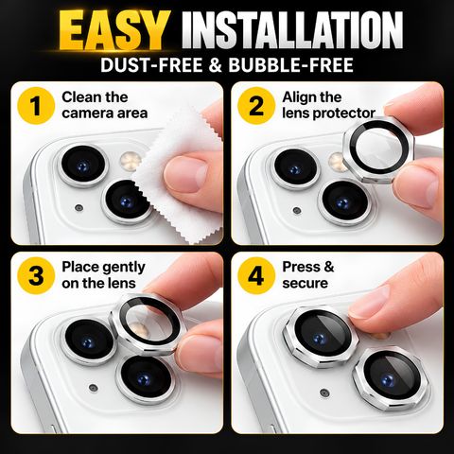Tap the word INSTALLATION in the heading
[x=292, y=30]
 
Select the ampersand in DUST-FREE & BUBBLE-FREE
[x=216, y=65]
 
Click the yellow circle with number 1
[x=37, y=106]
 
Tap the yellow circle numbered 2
[x=256, y=106]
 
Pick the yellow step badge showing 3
[x=36, y=275]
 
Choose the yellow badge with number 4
[x=256, y=275]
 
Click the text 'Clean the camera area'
[x=105, y=105]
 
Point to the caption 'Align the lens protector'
[x=328, y=105]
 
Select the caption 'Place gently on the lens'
[x=103, y=275]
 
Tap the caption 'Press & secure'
[x=308, y=275]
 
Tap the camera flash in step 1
[x=130, y=161]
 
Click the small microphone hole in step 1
[x=79, y=208]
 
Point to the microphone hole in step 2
[x=296, y=210]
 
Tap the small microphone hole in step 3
[x=93, y=387]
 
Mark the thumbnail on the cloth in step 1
[x=185, y=174]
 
